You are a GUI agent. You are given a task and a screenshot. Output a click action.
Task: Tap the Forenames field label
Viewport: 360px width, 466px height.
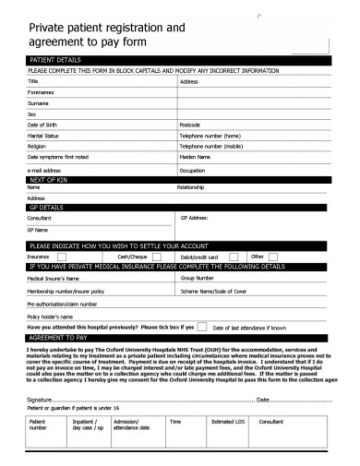coord(41,92)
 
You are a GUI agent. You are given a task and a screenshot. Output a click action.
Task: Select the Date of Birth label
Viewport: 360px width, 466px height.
coord(42,124)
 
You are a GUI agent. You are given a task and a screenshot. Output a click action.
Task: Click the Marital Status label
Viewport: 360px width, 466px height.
coord(43,135)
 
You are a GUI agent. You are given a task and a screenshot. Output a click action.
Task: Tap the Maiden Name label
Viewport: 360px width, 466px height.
coord(197,156)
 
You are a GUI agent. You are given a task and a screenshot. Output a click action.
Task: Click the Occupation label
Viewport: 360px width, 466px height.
coord(193,171)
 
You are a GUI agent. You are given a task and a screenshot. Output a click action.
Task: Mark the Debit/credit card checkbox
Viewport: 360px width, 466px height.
coord(234,256)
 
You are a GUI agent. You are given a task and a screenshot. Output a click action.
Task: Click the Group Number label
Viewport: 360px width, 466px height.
coord(198,276)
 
